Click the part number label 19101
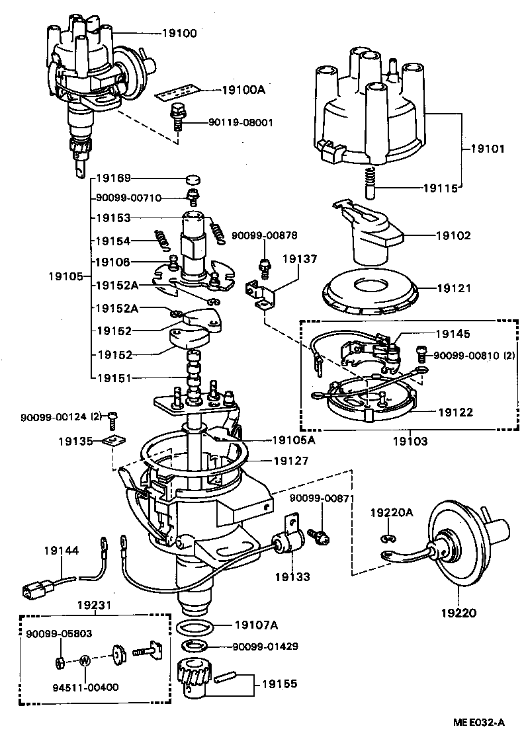tap(488, 149)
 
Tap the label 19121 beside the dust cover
tap(453, 288)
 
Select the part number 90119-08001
tap(224, 122)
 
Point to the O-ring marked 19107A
tap(196, 626)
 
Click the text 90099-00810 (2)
tap(474, 356)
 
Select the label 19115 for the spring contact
tap(442, 188)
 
